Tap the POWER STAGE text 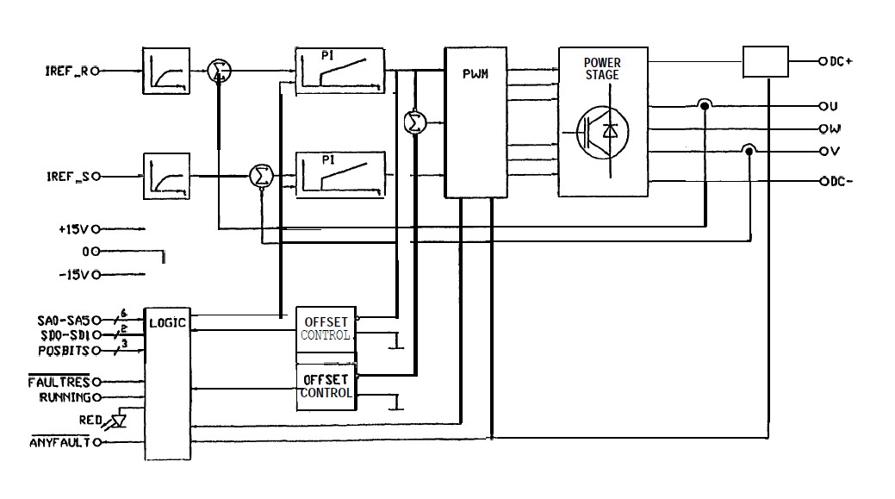click(601, 68)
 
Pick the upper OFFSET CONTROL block click(326, 328)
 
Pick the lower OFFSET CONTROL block click(326, 387)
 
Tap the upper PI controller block click(339, 73)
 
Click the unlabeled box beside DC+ click(766, 62)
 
